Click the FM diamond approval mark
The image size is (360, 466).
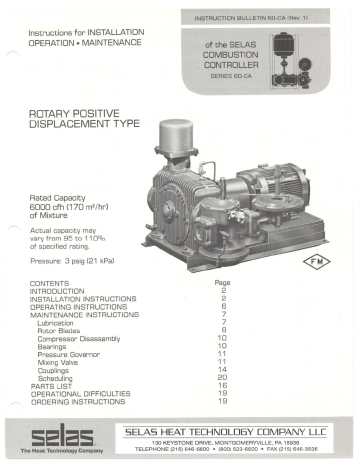click(x=316, y=262)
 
